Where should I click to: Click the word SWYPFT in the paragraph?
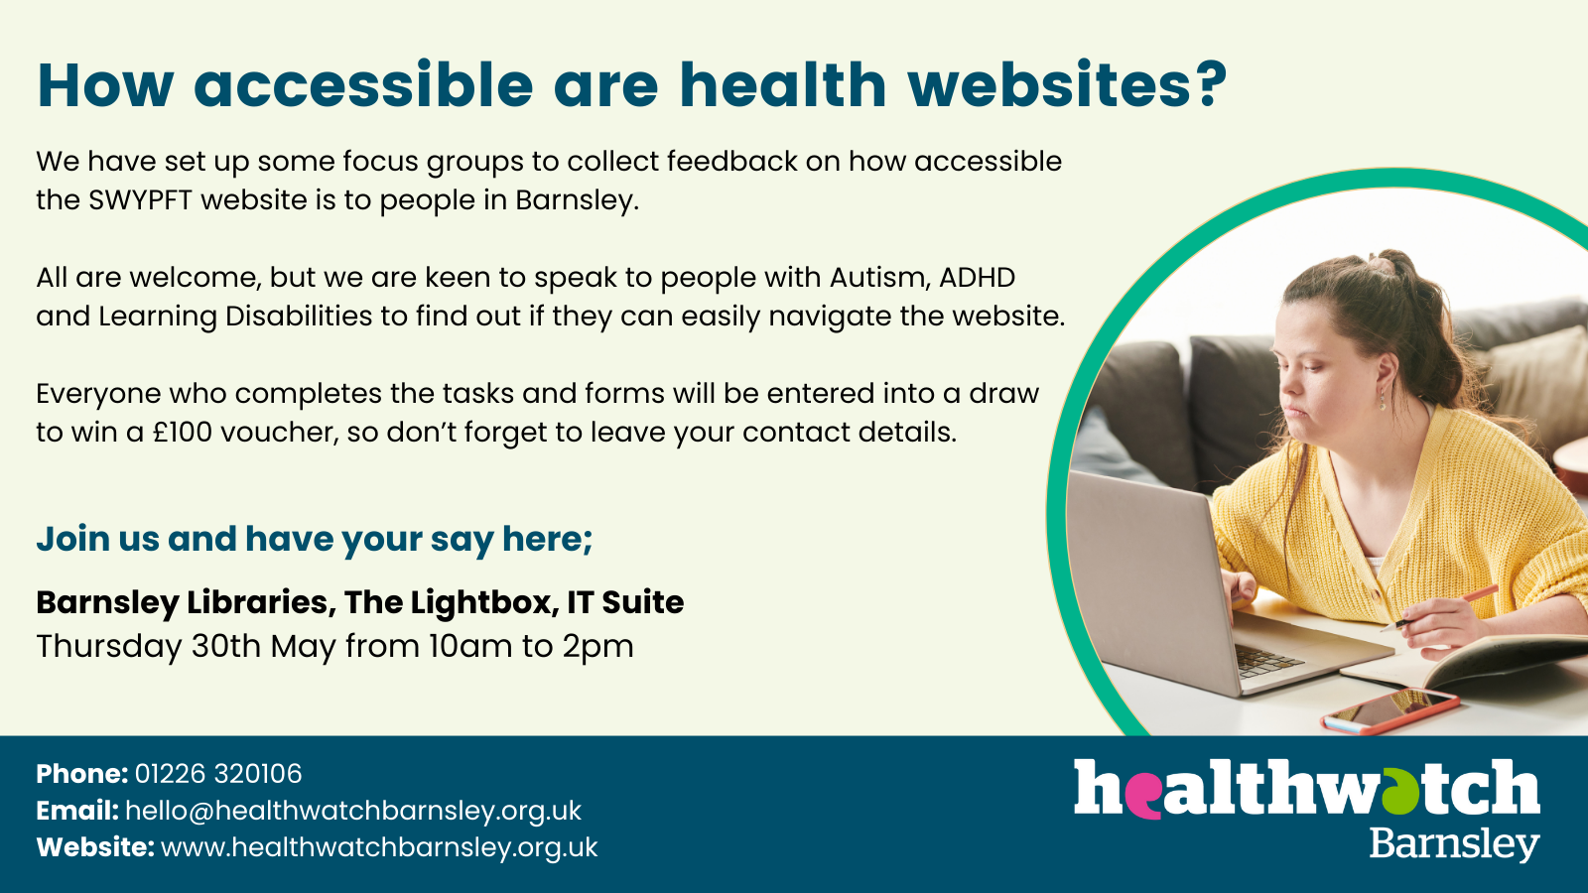(x=140, y=199)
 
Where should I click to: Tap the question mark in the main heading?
(x=1209, y=84)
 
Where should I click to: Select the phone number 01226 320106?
(x=218, y=773)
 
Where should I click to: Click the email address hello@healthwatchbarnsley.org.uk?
(x=353, y=811)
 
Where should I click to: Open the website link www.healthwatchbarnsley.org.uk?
(x=379, y=847)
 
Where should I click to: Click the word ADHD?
(x=977, y=277)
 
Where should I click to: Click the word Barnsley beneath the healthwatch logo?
(x=1454, y=843)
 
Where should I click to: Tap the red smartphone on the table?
(x=1390, y=710)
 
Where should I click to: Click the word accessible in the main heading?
(x=363, y=84)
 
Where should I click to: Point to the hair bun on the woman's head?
(x=1383, y=266)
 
